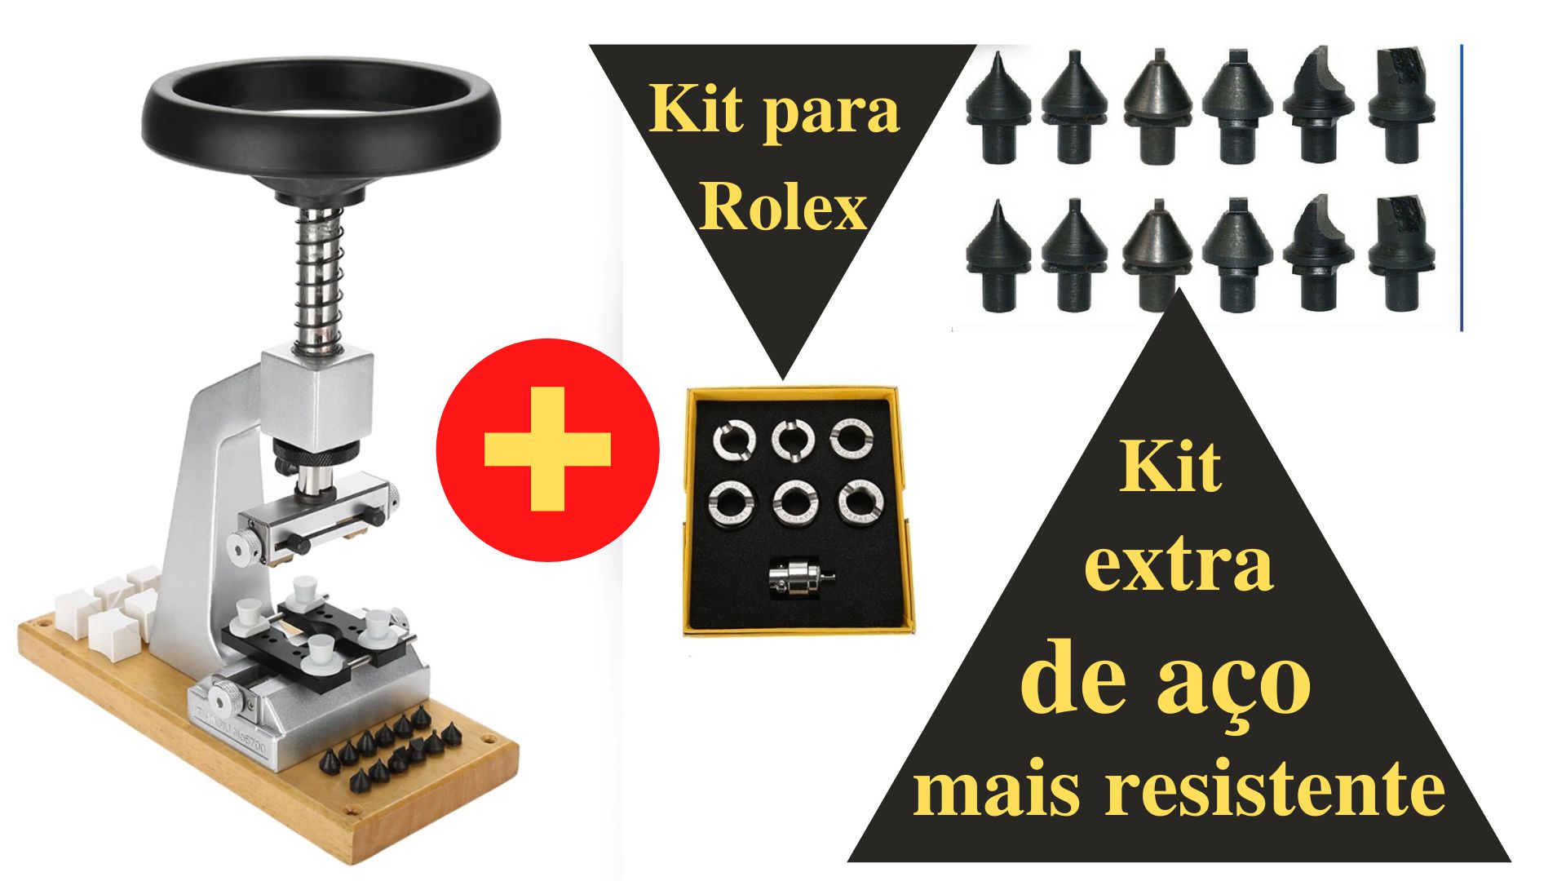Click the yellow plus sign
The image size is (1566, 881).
point(547,449)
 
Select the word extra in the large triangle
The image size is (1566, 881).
point(1179,566)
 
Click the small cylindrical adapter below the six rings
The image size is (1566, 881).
point(801,578)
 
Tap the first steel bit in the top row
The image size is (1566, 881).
point(998,107)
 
